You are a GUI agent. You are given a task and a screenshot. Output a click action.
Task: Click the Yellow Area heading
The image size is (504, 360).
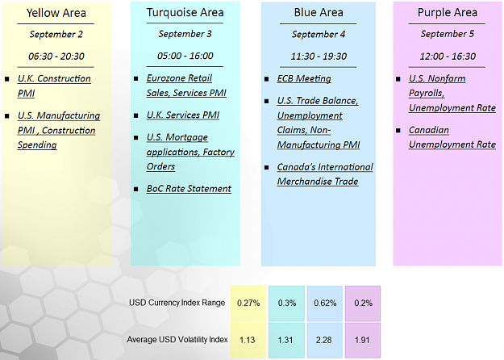click(x=56, y=13)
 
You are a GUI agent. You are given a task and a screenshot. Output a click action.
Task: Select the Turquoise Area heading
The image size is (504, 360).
click(x=185, y=13)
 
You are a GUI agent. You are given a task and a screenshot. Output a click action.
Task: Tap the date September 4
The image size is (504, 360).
click(x=319, y=34)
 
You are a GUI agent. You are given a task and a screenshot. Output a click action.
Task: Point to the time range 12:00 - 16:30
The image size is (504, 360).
click(x=448, y=57)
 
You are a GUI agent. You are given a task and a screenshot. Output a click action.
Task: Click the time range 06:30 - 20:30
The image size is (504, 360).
click(x=56, y=57)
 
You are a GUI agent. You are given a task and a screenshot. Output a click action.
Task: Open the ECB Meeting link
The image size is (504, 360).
click(x=304, y=78)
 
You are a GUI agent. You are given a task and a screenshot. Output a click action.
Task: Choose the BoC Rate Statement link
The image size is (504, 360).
click(x=189, y=189)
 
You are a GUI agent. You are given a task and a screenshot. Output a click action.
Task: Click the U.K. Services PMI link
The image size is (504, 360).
click(x=183, y=115)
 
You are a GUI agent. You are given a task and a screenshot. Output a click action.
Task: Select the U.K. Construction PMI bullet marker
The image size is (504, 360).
click(x=7, y=79)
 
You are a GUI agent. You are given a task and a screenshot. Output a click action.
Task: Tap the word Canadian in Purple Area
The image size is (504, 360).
click(x=429, y=130)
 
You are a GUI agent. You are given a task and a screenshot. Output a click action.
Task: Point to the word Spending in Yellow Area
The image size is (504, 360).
click(x=37, y=144)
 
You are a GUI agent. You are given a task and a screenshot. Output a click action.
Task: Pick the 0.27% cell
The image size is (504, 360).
click(x=248, y=303)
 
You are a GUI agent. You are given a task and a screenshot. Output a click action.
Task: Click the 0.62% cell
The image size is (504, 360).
click(x=325, y=303)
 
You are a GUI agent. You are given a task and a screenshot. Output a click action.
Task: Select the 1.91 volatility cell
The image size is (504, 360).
click(x=363, y=341)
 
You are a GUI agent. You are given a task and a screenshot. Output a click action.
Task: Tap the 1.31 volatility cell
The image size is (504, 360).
click(x=286, y=341)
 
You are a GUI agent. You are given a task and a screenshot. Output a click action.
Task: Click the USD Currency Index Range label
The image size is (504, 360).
click(x=177, y=303)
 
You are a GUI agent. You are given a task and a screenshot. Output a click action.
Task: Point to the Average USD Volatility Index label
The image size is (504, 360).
click(x=177, y=340)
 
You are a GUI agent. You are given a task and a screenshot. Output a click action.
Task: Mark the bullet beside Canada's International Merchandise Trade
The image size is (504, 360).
click(x=266, y=167)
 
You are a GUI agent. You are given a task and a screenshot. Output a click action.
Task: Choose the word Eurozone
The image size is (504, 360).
click(x=165, y=78)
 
